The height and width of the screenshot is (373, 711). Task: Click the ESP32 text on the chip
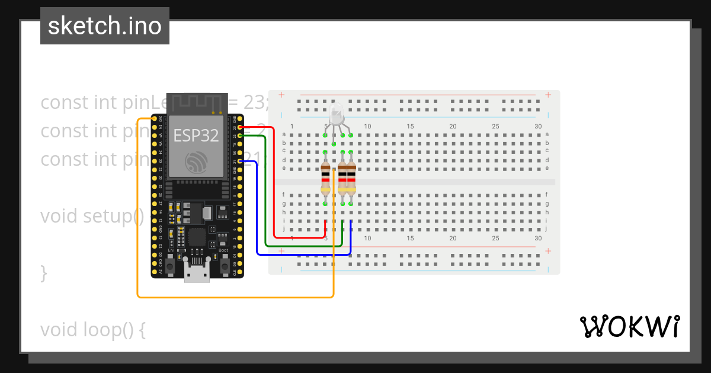click(x=196, y=136)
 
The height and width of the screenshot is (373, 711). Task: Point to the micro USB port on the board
click(x=196, y=273)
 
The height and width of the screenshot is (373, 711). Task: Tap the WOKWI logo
click(x=629, y=326)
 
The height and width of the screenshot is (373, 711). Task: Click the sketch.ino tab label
click(x=105, y=26)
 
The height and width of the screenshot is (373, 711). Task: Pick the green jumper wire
click(x=265, y=195)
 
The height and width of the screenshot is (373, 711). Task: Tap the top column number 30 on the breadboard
click(x=538, y=126)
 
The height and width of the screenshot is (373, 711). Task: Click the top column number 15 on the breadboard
click(x=410, y=126)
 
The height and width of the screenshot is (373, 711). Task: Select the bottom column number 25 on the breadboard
click(x=495, y=238)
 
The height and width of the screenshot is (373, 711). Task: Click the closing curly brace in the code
click(x=43, y=273)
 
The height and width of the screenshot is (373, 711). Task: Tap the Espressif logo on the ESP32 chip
click(x=196, y=162)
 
